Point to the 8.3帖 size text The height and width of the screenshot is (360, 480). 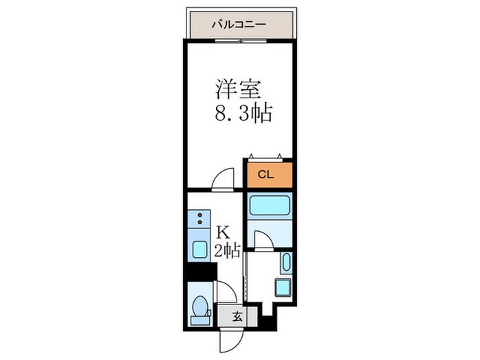pos(245,113)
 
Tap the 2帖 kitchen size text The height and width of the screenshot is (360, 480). pos(226,251)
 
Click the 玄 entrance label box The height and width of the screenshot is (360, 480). pos(237,317)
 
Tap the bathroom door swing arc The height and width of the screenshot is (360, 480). pos(263,238)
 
